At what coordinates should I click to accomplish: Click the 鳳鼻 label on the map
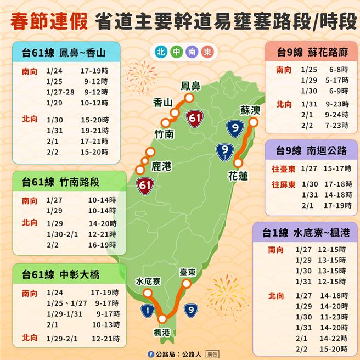(x=192, y=86)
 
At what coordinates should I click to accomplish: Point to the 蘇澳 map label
(x=250, y=110)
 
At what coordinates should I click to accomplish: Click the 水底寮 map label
(x=148, y=282)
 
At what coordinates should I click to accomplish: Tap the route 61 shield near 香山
(x=195, y=118)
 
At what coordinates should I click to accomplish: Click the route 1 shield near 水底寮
(x=147, y=311)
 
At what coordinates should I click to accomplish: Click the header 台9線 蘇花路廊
(x=310, y=53)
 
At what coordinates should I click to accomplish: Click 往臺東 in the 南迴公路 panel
(x=284, y=168)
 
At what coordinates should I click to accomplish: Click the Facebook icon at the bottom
(x=151, y=354)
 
